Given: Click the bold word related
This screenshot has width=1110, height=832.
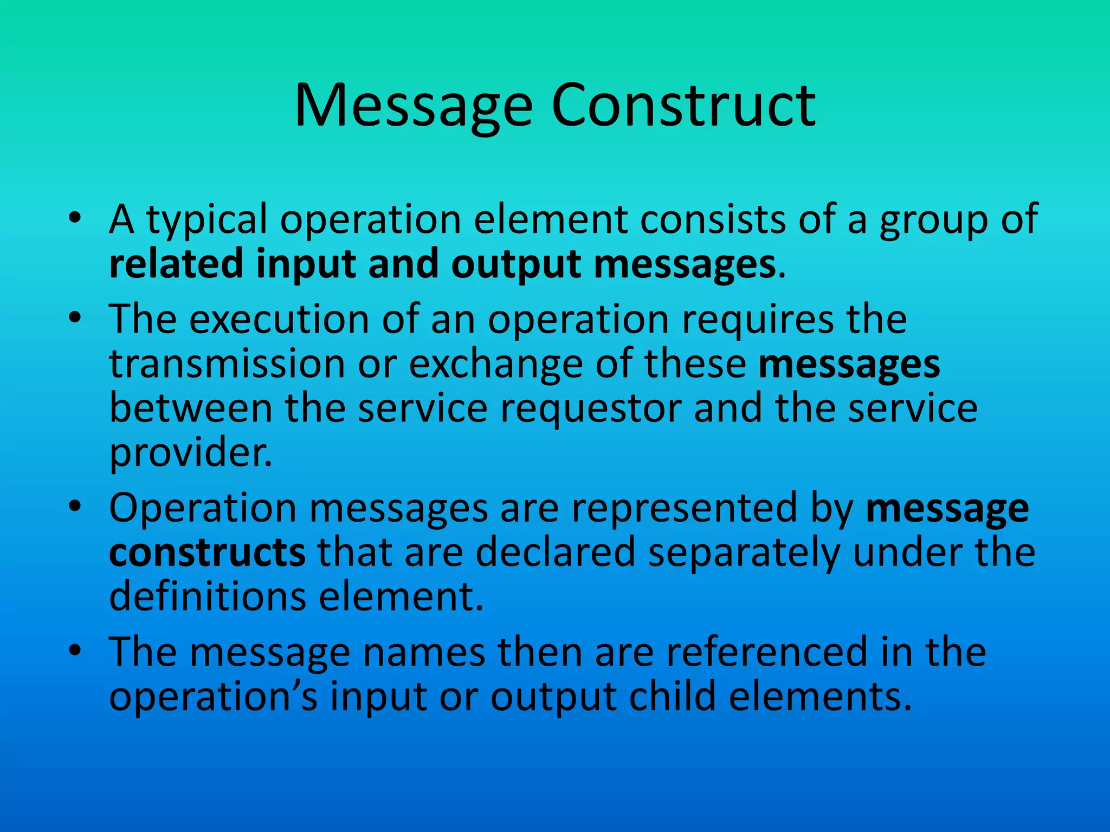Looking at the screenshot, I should tap(176, 264).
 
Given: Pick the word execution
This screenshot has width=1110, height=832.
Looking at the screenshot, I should tap(279, 319).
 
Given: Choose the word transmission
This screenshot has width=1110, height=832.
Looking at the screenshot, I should tap(227, 363).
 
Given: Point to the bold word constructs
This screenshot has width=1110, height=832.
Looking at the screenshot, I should tap(208, 553).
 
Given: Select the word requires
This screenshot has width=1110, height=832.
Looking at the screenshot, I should tap(758, 319).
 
